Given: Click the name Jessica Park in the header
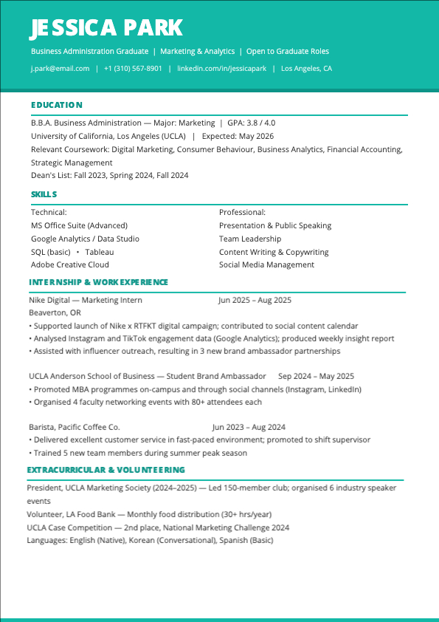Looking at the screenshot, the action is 106,28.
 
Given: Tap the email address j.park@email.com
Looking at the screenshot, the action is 60,69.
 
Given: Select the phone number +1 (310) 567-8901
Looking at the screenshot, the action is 133,69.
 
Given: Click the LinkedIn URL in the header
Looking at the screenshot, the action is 221,69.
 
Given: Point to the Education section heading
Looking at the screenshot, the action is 57,105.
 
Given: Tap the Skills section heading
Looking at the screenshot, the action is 44,194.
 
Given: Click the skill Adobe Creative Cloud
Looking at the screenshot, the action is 70,265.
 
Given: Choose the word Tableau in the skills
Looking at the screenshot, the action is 100,252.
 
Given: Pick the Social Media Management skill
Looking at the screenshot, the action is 266,265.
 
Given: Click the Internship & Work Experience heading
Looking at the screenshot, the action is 98,282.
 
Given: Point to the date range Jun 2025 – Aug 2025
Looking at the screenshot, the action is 255,301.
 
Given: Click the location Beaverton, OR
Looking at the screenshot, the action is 55,313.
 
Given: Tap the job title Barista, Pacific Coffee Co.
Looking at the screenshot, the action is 74,427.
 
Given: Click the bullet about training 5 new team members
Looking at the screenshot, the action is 139,454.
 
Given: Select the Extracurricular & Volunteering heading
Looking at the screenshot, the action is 106,470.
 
